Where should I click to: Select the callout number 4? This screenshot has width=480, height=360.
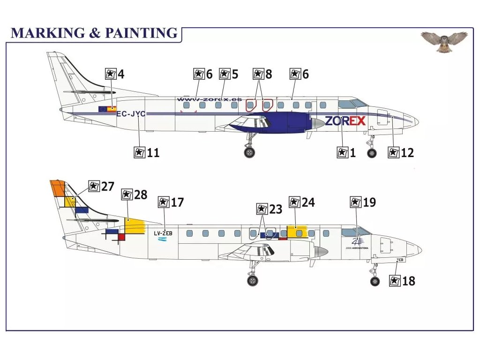(121, 74)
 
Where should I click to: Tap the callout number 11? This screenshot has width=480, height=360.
(153, 152)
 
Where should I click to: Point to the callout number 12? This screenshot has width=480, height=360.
(407, 152)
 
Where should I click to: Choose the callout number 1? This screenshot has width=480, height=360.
(352, 152)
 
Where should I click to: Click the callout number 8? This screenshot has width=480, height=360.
(268, 74)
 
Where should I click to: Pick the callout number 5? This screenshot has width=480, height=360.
(234, 74)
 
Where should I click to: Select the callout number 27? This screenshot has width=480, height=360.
(107, 187)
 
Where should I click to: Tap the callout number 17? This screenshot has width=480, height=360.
(177, 202)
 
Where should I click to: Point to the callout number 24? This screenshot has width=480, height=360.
(308, 202)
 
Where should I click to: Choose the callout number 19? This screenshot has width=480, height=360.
(369, 202)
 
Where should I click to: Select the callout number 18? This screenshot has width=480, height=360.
(408, 281)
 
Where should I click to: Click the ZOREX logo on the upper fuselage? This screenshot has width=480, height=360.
(345, 121)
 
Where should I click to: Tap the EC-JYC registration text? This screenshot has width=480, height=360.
(131, 113)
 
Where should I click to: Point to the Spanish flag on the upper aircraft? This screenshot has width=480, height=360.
(112, 109)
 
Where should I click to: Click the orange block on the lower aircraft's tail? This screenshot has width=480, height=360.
(57, 188)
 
